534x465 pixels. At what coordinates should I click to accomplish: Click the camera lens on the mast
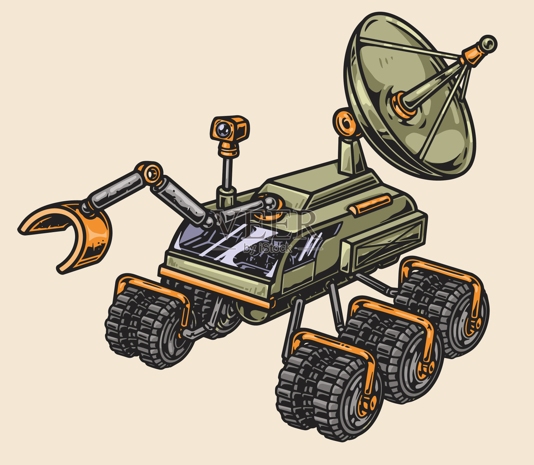pos(223,129)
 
